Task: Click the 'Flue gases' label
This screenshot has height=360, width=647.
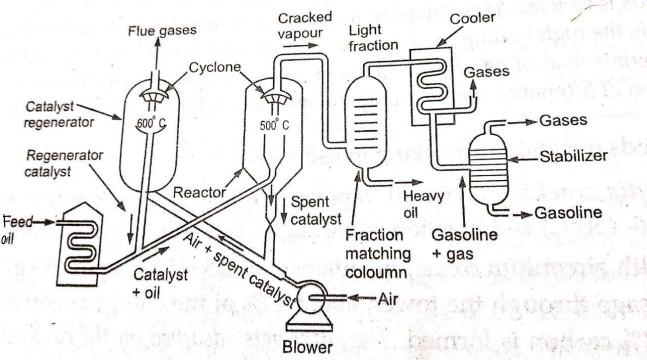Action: coord(165,31)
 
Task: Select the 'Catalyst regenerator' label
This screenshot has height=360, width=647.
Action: coord(61,113)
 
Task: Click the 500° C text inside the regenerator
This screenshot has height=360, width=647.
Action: coord(151,124)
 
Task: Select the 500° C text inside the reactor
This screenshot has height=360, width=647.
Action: coord(273,126)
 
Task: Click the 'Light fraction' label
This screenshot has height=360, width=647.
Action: coord(372,39)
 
